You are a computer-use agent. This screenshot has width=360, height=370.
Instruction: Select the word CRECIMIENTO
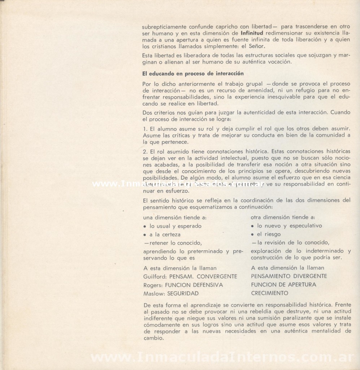click(269, 293)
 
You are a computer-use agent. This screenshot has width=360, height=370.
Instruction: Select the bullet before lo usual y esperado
click(144, 226)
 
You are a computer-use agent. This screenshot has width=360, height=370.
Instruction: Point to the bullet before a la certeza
click(144, 235)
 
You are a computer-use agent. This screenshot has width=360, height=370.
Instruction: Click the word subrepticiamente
click(165, 26)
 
